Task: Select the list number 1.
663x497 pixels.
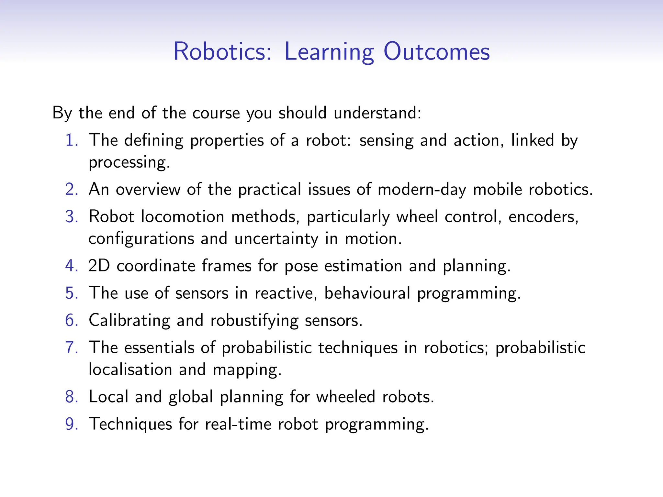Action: pyautogui.click(x=72, y=140)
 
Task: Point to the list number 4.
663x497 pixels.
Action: pyautogui.click(x=72, y=266)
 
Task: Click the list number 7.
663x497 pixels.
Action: pyautogui.click(x=72, y=348)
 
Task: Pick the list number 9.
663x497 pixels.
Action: pyautogui.click(x=72, y=424)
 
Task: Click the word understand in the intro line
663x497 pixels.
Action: pyautogui.click(x=377, y=113)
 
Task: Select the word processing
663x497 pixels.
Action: pyautogui.click(x=129, y=163)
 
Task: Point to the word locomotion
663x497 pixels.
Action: pyautogui.click(x=183, y=217)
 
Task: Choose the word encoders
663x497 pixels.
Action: pyautogui.click(x=543, y=217)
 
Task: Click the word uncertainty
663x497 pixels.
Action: pyautogui.click(x=276, y=239)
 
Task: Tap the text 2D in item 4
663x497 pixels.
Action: pyautogui.click(x=99, y=266)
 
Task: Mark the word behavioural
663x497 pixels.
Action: pyautogui.click(x=367, y=293)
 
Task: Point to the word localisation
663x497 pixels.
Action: pyautogui.click(x=130, y=370)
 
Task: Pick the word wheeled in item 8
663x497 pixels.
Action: pyautogui.click(x=345, y=397)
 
